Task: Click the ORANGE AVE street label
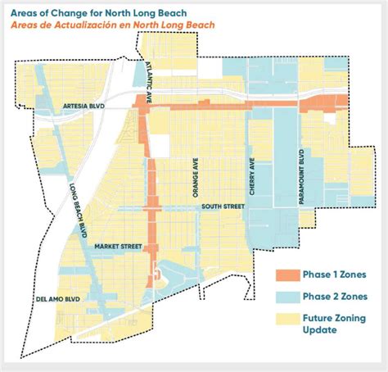click(x=195, y=178)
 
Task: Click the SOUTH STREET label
click(x=223, y=207)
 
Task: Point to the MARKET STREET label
click(x=119, y=246)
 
